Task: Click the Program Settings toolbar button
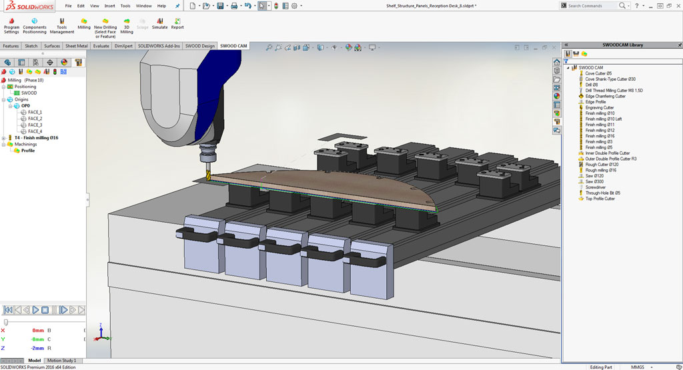pyautogui.click(x=11, y=25)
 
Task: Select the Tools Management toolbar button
pyautogui.click(x=62, y=25)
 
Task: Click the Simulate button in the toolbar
pyautogui.click(x=160, y=24)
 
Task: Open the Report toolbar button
pyautogui.click(x=177, y=24)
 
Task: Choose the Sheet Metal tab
pyautogui.click(x=76, y=46)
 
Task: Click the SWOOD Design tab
pyautogui.click(x=200, y=46)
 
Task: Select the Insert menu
pyautogui.click(x=109, y=5)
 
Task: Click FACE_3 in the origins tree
pyautogui.click(x=35, y=125)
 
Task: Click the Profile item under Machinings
pyautogui.click(x=27, y=150)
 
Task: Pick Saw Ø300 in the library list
pyautogui.click(x=594, y=181)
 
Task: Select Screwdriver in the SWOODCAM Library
pyautogui.click(x=596, y=187)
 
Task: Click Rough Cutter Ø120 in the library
pyautogui.click(x=602, y=164)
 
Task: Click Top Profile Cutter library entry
pyautogui.click(x=600, y=199)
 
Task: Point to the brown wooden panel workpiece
pyautogui.click(x=320, y=186)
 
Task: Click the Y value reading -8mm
pyautogui.click(x=38, y=339)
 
